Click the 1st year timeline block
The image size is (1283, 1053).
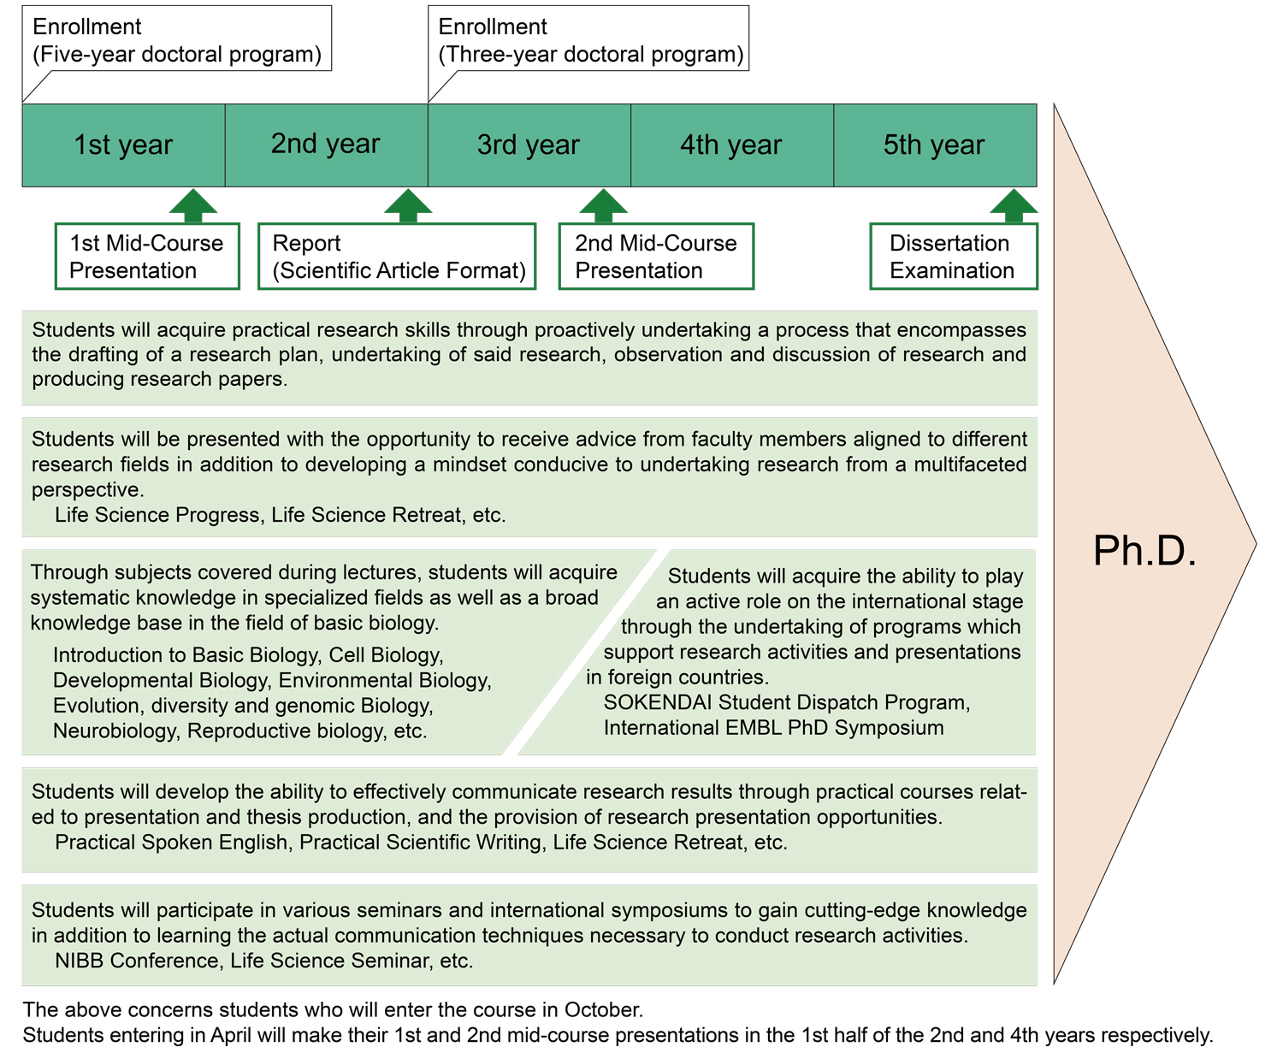pos(123,145)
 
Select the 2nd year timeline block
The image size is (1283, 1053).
pos(326,145)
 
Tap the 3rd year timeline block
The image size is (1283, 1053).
pos(529,145)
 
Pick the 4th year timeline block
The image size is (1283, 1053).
pos(731,145)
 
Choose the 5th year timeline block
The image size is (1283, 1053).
pos(934,145)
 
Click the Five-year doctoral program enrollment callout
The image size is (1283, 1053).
pos(176,40)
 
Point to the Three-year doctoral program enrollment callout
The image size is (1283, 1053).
pos(590,40)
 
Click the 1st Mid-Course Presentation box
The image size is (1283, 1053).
pos(146,257)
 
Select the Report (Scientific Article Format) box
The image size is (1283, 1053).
pos(397,257)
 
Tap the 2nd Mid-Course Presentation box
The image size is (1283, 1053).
pos(656,257)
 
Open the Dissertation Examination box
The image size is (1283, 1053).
pos(953,257)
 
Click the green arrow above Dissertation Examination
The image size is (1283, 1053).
pos(1014,205)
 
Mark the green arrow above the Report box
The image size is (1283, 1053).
pos(408,205)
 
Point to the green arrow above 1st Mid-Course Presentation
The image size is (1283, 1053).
pos(193,205)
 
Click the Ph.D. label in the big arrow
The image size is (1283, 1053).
pos(1144,551)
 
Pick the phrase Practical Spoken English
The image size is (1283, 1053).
pos(171,843)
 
